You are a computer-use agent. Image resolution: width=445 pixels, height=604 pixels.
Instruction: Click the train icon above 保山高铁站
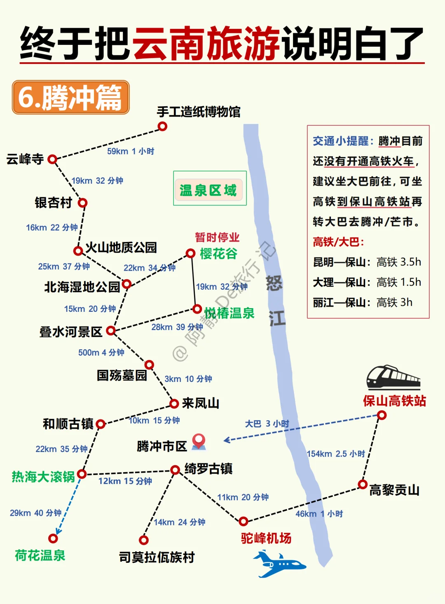pyautogui.click(x=393, y=377)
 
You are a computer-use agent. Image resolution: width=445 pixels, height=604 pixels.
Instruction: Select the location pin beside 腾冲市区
pyautogui.click(x=199, y=441)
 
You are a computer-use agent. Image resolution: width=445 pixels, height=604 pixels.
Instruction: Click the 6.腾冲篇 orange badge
pyautogui.click(x=71, y=97)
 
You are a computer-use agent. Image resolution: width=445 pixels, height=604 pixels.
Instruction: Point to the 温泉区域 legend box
pyautogui.click(x=209, y=189)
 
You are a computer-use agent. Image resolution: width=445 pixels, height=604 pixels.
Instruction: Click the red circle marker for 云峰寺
pyautogui.click(x=52, y=159)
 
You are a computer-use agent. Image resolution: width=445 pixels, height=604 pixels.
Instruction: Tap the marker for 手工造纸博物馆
pyautogui.click(x=163, y=126)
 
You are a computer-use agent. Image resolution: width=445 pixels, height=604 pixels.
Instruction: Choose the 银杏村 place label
pyautogui.click(x=54, y=203)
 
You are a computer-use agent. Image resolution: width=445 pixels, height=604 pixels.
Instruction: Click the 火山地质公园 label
pyautogui.click(x=121, y=247)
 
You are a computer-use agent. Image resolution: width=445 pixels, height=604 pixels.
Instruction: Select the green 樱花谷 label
pyautogui.click(x=218, y=254)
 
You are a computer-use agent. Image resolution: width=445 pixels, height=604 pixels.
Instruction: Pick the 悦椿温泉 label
pyautogui.click(x=230, y=313)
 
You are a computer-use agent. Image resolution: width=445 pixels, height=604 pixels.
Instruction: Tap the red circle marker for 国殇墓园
pyautogui.click(x=149, y=365)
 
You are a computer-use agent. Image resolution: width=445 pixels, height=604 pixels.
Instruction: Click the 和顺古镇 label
pyautogui.click(x=68, y=424)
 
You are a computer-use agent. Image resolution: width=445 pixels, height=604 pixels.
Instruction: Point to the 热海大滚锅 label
pyautogui.click(x=43, y=477)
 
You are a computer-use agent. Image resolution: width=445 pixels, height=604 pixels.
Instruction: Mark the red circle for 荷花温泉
pyautogui.click(x=53, y=538)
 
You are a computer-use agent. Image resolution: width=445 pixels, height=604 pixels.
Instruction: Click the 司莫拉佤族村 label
pyautogui.click(x=157, y=557)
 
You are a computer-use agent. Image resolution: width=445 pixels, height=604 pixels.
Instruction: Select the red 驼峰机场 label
pyautogui.click(x=266, y=538)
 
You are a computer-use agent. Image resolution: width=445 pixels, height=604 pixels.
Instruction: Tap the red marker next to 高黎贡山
pyautogui.click(x=363, y=484)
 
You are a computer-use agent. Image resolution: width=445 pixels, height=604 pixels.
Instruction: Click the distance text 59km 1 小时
pyautogui.click(x=131, y=151)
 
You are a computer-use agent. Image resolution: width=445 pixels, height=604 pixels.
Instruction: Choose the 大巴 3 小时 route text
pyautogui.click(x=267, y=424)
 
